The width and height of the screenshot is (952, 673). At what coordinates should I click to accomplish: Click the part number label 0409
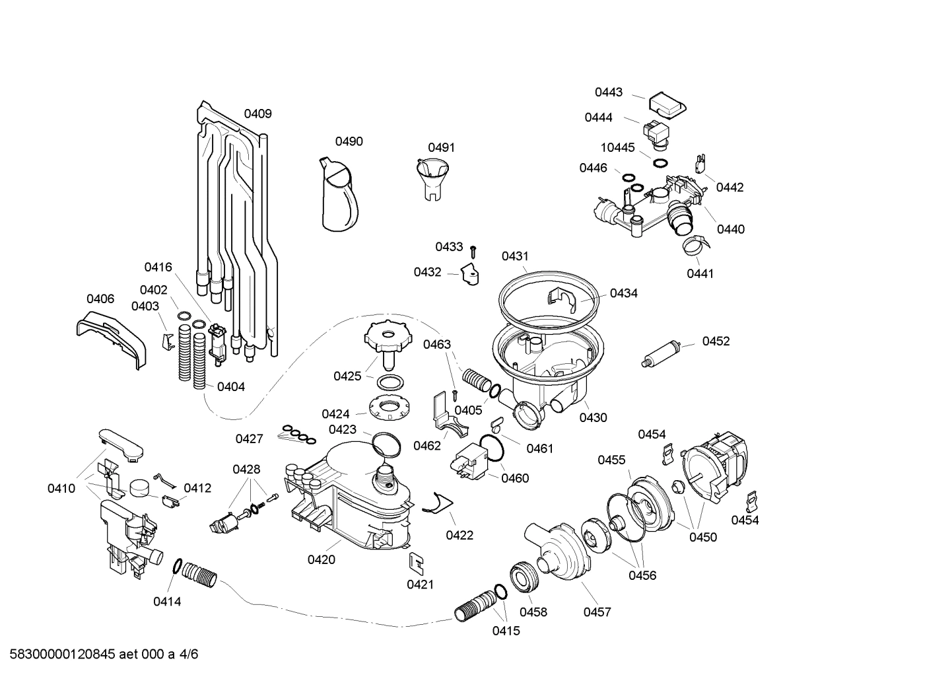click(257, 114)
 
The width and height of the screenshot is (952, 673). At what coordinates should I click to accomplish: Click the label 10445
click(617, 148)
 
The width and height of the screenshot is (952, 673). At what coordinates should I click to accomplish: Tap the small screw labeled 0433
click(473, 251)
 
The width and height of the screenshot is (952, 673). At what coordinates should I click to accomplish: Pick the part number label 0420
click(321, 560)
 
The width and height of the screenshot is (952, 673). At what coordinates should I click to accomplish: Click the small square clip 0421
click(417, 561)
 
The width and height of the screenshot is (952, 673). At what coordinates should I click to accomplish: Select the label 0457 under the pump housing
click(597, 612)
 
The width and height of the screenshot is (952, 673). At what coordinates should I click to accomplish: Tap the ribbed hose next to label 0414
click(199, 573)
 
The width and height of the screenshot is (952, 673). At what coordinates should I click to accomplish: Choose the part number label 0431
click(515, 256)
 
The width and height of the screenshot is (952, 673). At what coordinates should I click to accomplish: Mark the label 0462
click(427, 446)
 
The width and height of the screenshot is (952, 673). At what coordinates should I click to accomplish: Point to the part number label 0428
click(246, 470)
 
